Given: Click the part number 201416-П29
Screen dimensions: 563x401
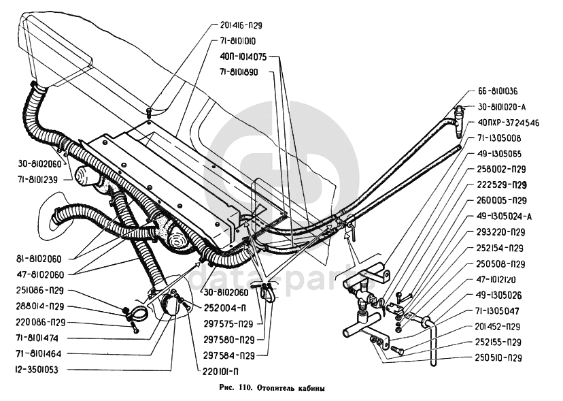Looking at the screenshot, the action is (241, 25).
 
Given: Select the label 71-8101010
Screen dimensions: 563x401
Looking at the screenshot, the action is (238, 41).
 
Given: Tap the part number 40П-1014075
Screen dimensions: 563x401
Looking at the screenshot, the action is (243, 57).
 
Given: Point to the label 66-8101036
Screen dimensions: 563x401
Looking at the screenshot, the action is (498, 91).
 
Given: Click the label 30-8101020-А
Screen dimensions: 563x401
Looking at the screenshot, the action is (503, 107).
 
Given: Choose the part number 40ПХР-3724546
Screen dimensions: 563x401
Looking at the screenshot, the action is (509, 123).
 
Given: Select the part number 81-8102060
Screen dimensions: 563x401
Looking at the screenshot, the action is (39, 259).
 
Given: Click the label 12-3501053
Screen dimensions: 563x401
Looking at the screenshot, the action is (37, 370).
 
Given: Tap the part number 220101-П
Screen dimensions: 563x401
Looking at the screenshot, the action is (219, 372).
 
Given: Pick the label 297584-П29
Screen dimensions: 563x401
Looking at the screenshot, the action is (228, 355).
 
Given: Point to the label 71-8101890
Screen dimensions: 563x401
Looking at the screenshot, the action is (239, 72).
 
